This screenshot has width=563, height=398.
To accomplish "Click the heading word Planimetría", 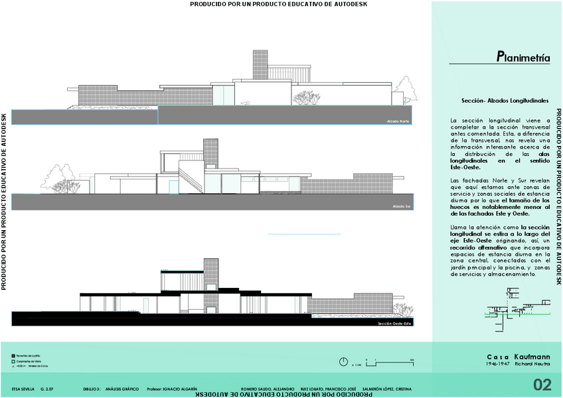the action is pyautogui.click(x=523, y=57).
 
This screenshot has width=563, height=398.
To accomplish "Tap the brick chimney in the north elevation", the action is pyautogui.click(x=260, y=66).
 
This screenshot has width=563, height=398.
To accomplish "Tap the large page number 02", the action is pyautogui.click(x=542, y=385).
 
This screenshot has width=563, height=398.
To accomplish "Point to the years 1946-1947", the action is pyautogui.click(x=498, y=365).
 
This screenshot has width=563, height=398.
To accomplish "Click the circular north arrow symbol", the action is pyautogui.click(x=343, y=362).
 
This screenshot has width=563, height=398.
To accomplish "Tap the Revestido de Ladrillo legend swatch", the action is pyautogui.click(x=13, y=356).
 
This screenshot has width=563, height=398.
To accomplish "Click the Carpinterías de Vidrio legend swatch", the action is pyautogui.click(x=13, y=361).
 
